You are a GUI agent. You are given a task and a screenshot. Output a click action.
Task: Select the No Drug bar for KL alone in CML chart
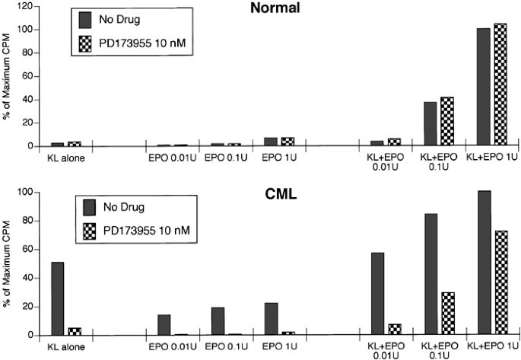point(56,298)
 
